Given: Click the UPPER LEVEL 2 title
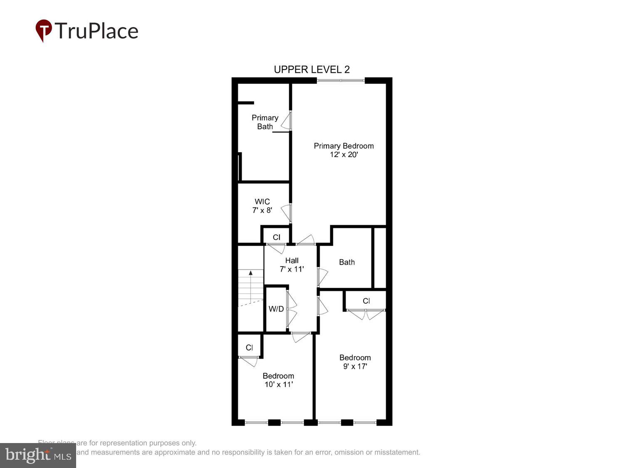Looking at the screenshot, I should click(x=312, y=69).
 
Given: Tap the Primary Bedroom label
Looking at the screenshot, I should click(x=344, y=146).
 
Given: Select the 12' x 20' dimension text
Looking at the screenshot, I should click(x=344, y=155).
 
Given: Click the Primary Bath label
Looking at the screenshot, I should click(x=265, y=122).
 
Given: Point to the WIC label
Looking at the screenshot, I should click(x=262, y=202).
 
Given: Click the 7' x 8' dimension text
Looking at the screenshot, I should click(x=262, y=210).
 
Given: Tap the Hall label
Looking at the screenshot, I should click(x=292, y=260).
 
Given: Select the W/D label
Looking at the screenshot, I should click(x=276, y=309).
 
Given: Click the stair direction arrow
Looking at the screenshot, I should click(x=251, y=273).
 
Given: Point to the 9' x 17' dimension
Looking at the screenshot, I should click(x=355, y=366).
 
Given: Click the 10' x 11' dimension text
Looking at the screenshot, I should click(x=278, y=384).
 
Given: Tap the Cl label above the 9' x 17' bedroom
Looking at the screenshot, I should click(x=366, y=301).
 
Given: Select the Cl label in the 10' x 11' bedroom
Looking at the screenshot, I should click(x=249, y=348).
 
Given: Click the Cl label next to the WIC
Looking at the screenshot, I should click(x=276, y=238).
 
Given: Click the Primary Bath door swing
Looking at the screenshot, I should click(x=286, y=121).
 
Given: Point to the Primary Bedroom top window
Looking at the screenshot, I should click(x=341, y=80).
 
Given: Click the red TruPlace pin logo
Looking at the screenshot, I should click(x=43, y=30).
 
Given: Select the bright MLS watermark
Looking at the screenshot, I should click(x=38, y=456).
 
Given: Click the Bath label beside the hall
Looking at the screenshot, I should click(x=347, y=262).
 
